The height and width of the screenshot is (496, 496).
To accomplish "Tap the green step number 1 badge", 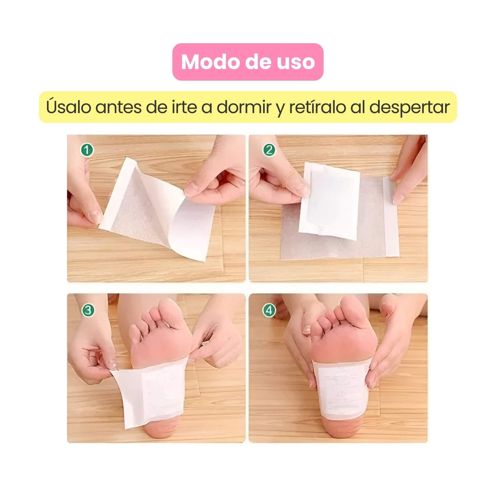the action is [87, 150].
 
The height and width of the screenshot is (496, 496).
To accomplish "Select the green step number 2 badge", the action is [269, 150].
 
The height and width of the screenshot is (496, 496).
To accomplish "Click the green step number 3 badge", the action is [88, 311].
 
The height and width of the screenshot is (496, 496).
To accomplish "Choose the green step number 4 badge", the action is [269, 311].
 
